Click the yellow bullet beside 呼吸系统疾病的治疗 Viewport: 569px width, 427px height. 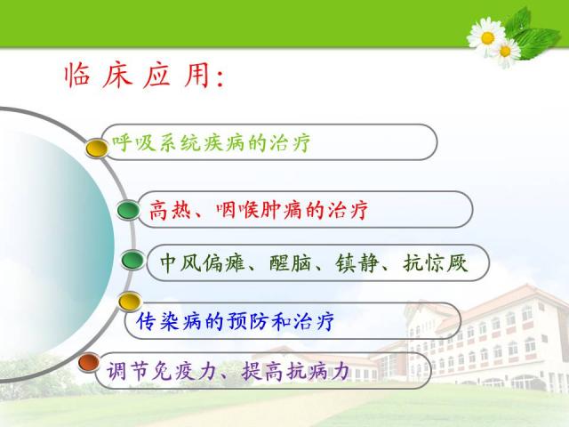97,148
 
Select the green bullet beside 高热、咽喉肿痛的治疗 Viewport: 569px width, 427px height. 128,210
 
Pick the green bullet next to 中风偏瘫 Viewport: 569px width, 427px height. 132,260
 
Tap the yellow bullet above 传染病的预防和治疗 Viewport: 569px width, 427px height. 130,302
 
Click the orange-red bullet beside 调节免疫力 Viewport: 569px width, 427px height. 89,362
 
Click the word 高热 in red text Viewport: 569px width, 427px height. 170,210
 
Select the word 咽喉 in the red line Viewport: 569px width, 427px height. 237,210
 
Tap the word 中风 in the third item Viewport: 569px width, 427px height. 180,263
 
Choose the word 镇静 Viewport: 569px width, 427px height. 357,263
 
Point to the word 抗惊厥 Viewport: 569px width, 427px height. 435,263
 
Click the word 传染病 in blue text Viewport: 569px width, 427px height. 169,321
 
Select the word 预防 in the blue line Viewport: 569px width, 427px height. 247,321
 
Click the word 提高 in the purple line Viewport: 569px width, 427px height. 262,371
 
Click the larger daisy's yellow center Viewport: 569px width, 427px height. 487,37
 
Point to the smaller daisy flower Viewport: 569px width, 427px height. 506,52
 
